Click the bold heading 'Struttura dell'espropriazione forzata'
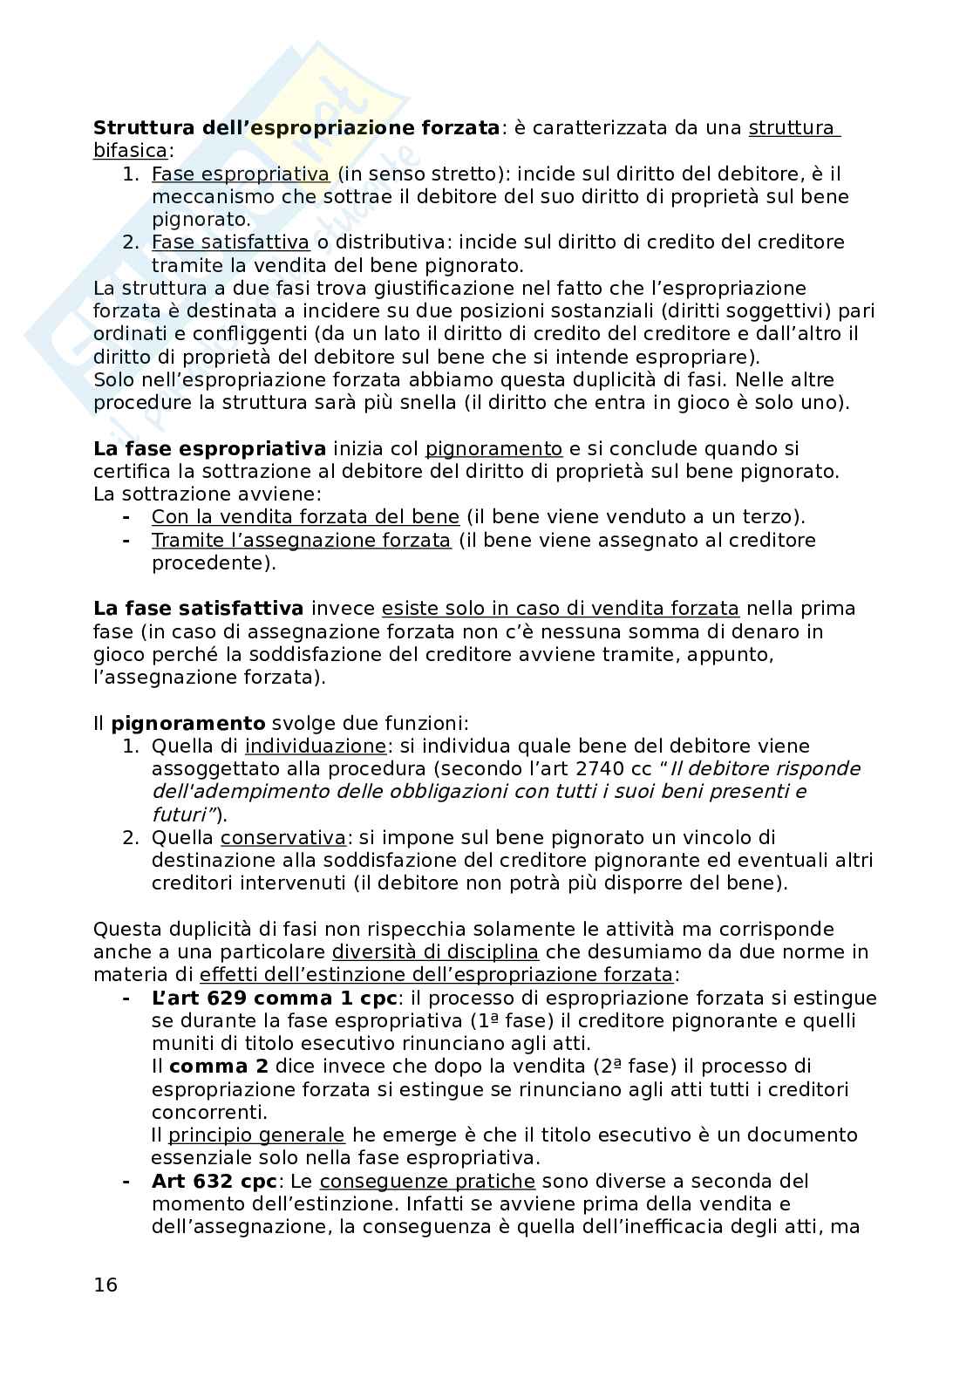[x=296, y=128]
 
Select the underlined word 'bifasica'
[x=130, y=151]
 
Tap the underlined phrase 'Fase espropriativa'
[x=241, y=174]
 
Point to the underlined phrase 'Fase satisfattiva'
[x=230, y=242]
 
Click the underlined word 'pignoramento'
[x=493, y=449]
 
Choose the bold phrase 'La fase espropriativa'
[x=209, y=449]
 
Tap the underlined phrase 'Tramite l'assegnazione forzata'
[x=301, y=541]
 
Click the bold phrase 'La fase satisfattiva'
[x=199, y=609]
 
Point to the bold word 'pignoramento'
[x=188, y=723]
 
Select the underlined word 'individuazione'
[x=316, y=746]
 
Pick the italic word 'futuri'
[x=181, y=815]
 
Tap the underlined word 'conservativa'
[x=283, y=838]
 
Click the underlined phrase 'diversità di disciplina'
[x=435, y=952]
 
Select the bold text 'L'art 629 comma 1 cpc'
[x=275, y=998]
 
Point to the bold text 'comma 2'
[x=209, y=1067]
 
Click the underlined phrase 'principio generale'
[x=256, y=1135]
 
